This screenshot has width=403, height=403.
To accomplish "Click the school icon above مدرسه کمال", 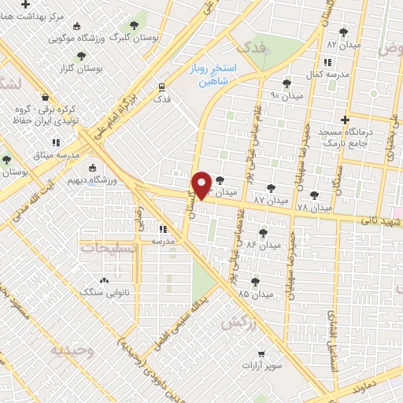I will pyautogui.click(x=326, y=62).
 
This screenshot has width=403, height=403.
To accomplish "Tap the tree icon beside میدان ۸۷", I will pyautogui.click(x=272, y=189).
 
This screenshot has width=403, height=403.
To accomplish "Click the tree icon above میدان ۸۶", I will pyautogui.click(x=264, y=233).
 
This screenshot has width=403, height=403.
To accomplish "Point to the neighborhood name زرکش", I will pyautogui.click(x=239, y=322).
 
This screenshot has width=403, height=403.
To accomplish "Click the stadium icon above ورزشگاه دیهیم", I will pyautogui.click(x=93, y=168).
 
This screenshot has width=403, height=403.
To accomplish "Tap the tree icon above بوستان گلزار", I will pyautogui.click(x=81, y=56).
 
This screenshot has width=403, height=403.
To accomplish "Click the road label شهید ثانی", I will pyautogui.click(x=383, y=221).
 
